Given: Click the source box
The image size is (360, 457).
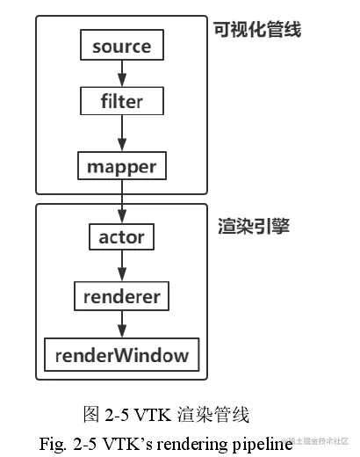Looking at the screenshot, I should pos(121,47).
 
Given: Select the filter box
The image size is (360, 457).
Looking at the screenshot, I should pos(121,101).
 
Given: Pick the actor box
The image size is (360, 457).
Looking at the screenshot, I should pos(121,236).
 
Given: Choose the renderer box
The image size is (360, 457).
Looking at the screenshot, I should pos(121,296).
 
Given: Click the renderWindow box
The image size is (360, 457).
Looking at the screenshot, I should pos(121,355).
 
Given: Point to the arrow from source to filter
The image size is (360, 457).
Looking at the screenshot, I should pos(121,74).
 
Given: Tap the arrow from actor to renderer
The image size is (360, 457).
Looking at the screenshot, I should pos(121,266).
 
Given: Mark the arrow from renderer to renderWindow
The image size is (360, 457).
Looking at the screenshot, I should pos(121,325).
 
